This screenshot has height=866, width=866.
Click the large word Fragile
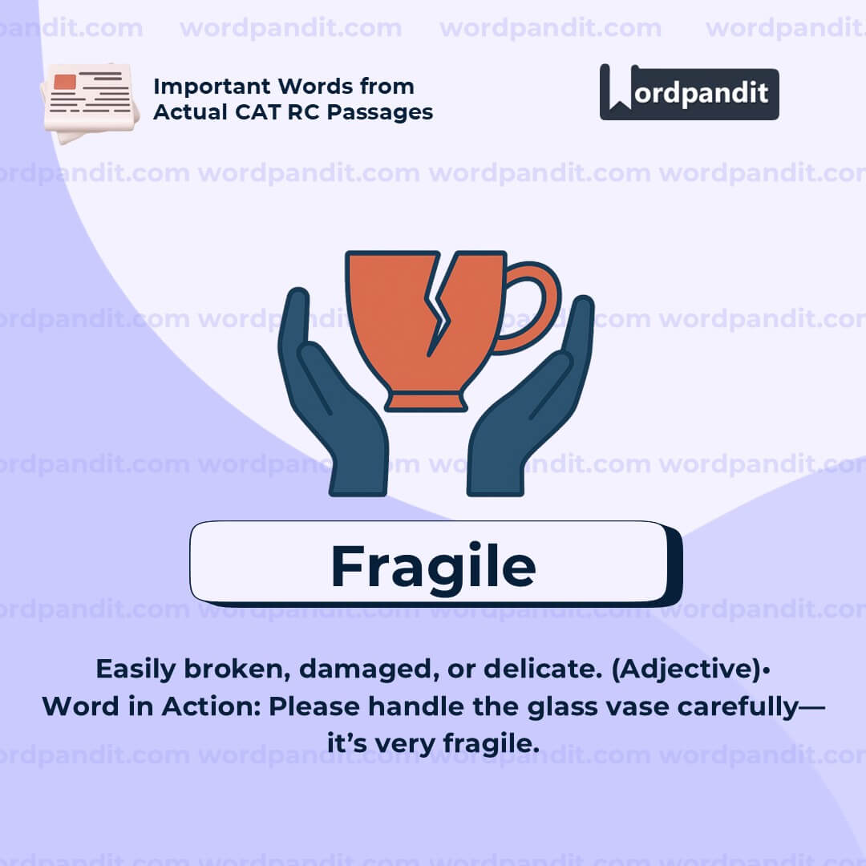click(433, 566)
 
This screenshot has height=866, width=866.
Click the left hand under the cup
click(329, 401)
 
